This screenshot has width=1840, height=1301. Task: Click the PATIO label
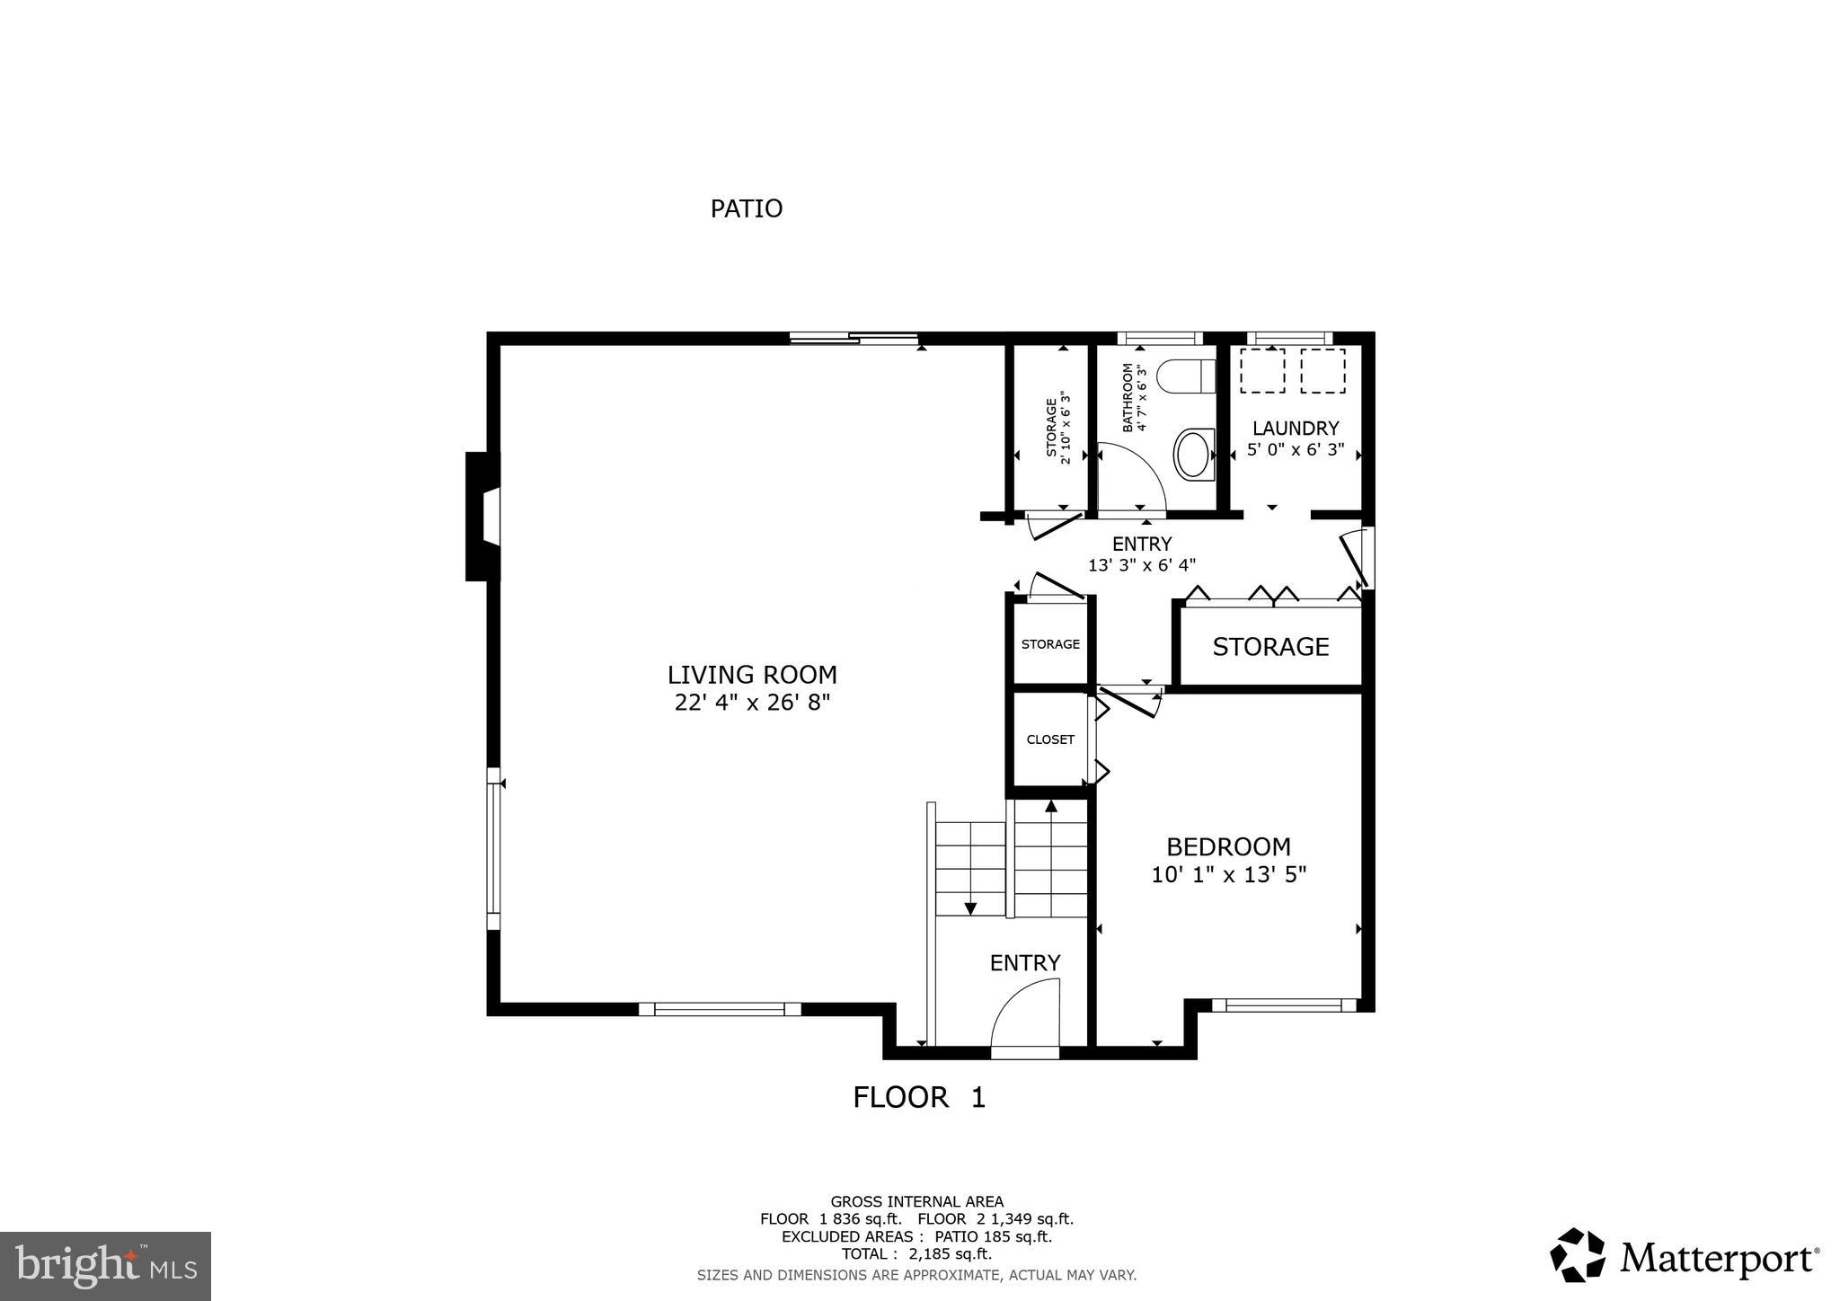pyautogui.click(x=746, y=208)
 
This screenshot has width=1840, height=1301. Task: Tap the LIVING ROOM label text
pyautogui.click(x=752, y=675)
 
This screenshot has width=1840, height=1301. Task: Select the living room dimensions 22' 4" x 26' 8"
pyautogui.click(x=752, y=702)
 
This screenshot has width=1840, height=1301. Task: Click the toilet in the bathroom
pyautogui.click(x=1185, y=376)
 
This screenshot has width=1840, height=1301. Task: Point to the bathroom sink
pyautogui.click(x=1194, y=454)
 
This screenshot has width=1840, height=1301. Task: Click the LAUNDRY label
pyautogui.click(x=1296, y=429)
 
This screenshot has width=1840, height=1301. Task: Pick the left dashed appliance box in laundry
pyautogui.click(x=1262, y=370)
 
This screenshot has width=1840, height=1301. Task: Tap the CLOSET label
pyautogui.click(x=1050, y=739)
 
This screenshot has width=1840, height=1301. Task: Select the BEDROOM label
pyautogui.click(x=1228, y=846)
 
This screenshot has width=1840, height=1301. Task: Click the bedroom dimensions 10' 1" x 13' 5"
pyautogui.click(x=1228, y=874)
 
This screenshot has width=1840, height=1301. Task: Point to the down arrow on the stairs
pyautogui.click(x=970, y=907)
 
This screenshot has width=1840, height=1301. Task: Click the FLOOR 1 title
pyautogui.click(x=918, y=1097)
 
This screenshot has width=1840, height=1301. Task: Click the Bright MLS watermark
pyautogui.click(x=105, y=1266)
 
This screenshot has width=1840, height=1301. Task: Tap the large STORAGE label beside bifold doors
pyautogui.click(x=1270, y=647)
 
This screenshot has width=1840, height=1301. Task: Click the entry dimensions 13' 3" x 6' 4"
pyautogui.click(x=1142, y=565)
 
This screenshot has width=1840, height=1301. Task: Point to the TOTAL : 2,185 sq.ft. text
pyautogui.click(x=916, y=1254)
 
